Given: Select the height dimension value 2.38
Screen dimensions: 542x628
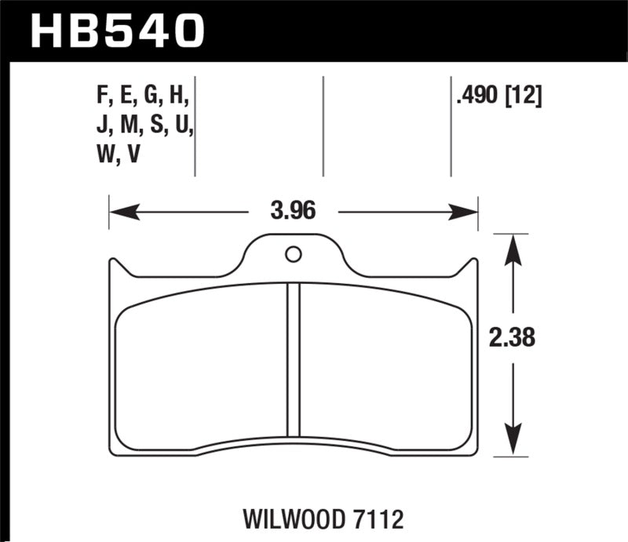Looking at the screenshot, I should pyautogui.click(x=512, y=339).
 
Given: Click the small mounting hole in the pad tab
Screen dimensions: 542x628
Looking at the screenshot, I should pyautogui.click(x=293, y=254).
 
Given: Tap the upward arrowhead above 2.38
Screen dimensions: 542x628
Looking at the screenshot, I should pyautogui.click(x=512, y=248).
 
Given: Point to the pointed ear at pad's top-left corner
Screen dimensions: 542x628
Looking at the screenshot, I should pyautogui.click(x=111, y=265).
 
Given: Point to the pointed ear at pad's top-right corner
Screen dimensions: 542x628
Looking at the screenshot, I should pyautogui.click(x=473, y=265).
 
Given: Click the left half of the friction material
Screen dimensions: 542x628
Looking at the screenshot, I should pyautogui.click(x=200, y=369).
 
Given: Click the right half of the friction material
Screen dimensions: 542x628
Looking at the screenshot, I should pyautogui.click(x=385, y=369).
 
